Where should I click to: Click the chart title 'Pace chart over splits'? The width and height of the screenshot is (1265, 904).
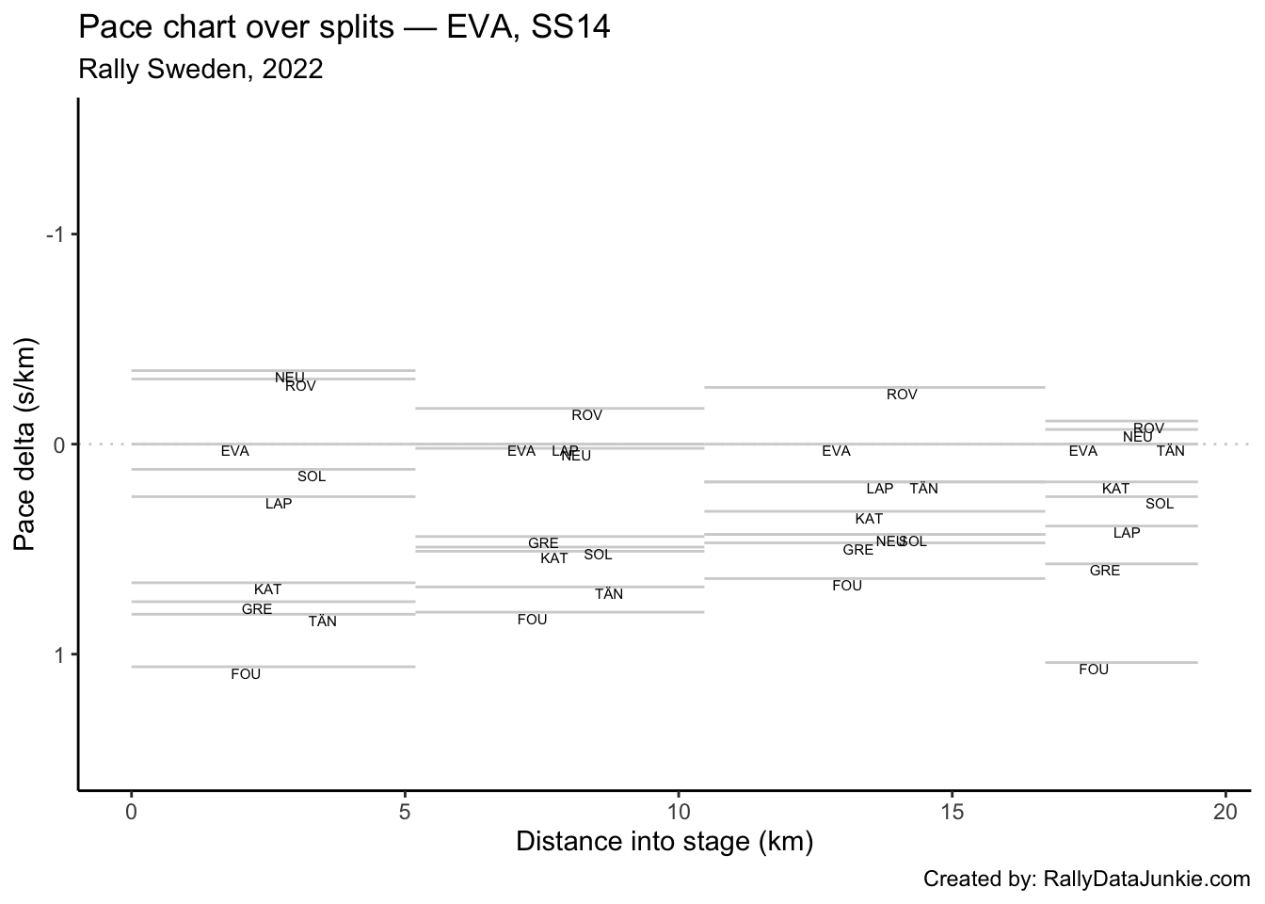click(x=344, y=27)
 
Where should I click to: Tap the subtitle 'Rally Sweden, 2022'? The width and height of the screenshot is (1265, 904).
click(x=200, y=70)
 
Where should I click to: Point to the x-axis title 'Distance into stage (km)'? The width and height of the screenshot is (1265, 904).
click(x=665, y=841)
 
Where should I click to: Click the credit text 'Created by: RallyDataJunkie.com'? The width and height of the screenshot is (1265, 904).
click(x=1086, y=880)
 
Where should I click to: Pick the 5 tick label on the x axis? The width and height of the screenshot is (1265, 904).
click(x=405, y=811)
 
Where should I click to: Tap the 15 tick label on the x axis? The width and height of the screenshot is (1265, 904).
click(x=952, y=811)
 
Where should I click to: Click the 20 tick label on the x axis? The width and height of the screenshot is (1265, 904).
click(x=1225, y=811)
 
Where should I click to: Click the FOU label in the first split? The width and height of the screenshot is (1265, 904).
click(x=246, y=674)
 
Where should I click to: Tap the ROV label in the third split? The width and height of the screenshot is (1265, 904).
click(x=902, y=395)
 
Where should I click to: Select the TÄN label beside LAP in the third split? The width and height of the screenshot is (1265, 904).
click(x=923, y=489)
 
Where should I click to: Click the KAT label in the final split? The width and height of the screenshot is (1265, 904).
click(x=1115, y=489)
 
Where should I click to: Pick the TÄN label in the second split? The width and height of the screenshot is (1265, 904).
click(x=609, y=594)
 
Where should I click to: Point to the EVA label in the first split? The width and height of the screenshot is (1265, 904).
click(x=235, y=451)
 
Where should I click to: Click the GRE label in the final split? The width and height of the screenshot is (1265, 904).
click(x=1105, y=571)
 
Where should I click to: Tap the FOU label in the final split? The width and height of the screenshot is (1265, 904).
click(x=1094, y=670)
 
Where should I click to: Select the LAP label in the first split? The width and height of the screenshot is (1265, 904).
click(x=279, y=504)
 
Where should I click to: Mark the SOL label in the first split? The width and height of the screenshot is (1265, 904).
click(x=312, y=476)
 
